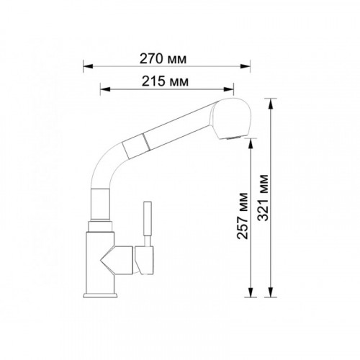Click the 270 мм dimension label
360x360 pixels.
point(163,59)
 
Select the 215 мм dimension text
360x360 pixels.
point(165,81)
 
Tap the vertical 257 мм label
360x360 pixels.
point(242,215)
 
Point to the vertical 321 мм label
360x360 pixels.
point(264,197)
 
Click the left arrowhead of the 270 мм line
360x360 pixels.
point(88,66)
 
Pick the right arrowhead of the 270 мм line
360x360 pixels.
point(246,66)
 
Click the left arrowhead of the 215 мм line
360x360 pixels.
point(105,89)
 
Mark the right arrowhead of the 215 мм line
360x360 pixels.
point(228,89)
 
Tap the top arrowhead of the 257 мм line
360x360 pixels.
point(251,143)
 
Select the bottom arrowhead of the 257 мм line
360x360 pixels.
point(251,292)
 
